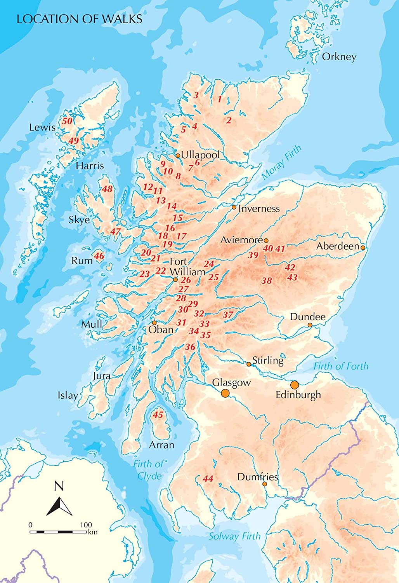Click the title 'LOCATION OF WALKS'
coord(79,19)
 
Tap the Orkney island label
coord(339,57)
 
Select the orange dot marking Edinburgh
coord(295,385)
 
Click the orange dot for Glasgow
coord(225,393)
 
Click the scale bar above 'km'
coord(58,531)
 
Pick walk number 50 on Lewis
coord(67,121)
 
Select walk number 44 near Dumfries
coord(208,478)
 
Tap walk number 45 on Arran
coord(158,415)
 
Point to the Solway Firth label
coord(234,536)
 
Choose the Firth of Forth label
coord(341,366)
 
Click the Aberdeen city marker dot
coord(363,247)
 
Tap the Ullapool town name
coord(200,155)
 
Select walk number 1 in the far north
coord(220,99)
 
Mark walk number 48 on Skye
coord(107,189)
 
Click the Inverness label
coord(259,208)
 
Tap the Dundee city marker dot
coord(310,325)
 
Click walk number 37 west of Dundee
coord(228,315)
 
